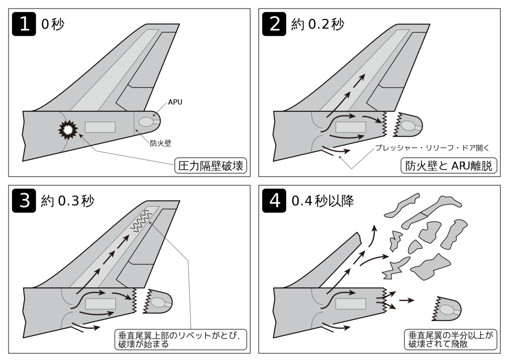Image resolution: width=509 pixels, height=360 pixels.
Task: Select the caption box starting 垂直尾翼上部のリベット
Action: click(181, 338)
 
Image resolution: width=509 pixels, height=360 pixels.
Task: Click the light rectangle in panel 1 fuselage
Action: click(100, 127)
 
